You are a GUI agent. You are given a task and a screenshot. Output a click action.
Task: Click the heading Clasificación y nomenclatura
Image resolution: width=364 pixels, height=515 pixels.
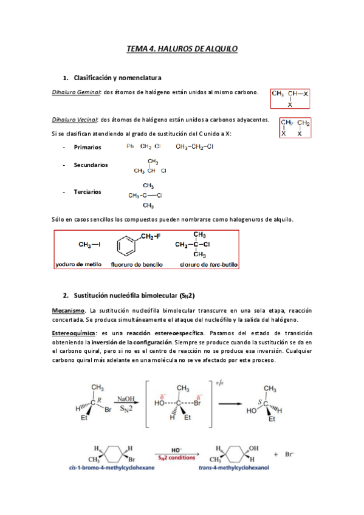coord(117,78)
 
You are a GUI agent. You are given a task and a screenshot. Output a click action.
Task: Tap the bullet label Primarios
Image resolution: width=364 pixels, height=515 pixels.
coord(88,147)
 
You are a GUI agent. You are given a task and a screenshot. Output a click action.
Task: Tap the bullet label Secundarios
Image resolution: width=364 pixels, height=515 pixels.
coord(91,165)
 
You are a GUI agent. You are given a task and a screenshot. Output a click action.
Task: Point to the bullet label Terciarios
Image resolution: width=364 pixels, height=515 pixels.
coord(88,192)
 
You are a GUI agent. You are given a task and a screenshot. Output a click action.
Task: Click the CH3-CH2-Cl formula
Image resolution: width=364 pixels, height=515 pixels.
coord(194,146)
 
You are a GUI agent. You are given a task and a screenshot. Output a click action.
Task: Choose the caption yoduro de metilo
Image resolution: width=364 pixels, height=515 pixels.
coord(78,265)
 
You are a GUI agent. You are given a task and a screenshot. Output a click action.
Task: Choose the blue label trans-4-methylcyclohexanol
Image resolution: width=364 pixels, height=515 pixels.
coord(235,468)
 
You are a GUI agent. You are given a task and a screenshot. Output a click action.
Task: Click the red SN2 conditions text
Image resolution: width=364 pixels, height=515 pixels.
coord(176,458)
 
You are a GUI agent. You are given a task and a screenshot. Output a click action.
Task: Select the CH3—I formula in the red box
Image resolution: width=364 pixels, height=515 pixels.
coord(89,245)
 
